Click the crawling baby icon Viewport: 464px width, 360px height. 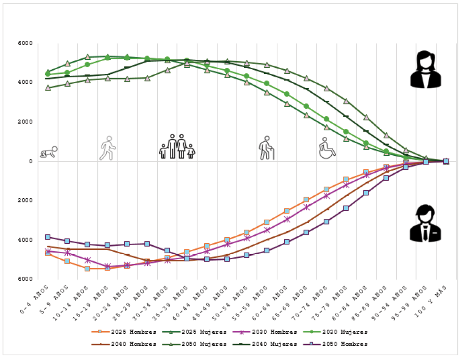tap(48, 152)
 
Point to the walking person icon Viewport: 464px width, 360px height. tap(108, 148)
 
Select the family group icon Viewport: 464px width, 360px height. tap(176, 146)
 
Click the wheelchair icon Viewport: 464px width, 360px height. tap(327, 148)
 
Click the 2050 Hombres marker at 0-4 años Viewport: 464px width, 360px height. tap(48, 237)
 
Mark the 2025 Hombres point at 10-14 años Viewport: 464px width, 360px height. tap(88, 269)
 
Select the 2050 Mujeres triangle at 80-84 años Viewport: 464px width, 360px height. tap(366, 117)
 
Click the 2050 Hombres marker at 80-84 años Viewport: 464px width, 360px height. tap(366, 193)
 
